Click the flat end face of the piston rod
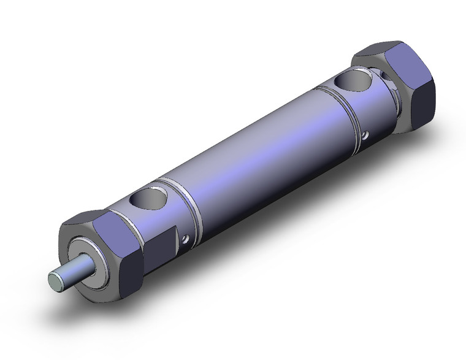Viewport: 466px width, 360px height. [55, 283]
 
